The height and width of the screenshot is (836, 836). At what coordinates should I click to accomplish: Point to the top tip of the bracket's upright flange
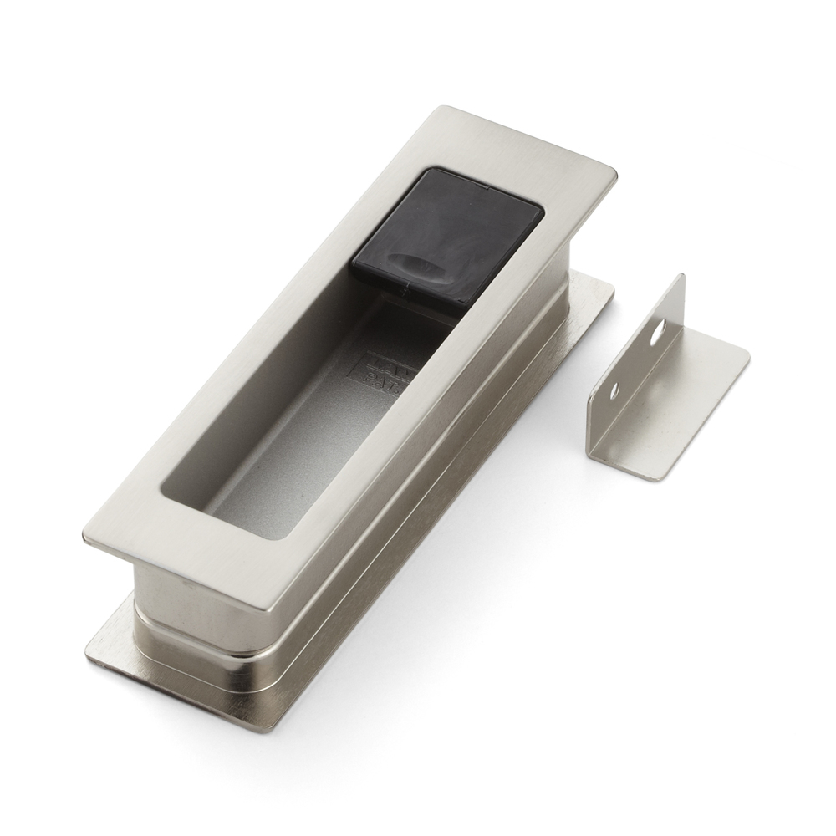681,277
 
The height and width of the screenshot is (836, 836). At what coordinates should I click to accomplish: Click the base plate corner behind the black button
610,288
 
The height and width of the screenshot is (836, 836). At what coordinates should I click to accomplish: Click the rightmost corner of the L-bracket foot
748,359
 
